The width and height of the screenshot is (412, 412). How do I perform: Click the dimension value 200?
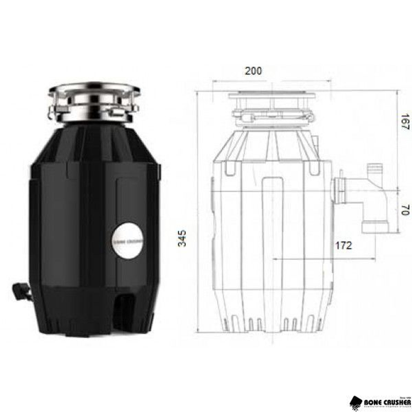pos(253,71)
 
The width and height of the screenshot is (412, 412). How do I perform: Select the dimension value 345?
pos(182,238)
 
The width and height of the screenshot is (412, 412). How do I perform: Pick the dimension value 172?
pos(344,246)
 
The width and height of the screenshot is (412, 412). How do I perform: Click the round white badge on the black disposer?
pos(128,241)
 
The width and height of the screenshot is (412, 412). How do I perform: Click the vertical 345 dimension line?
pos(198,214)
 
